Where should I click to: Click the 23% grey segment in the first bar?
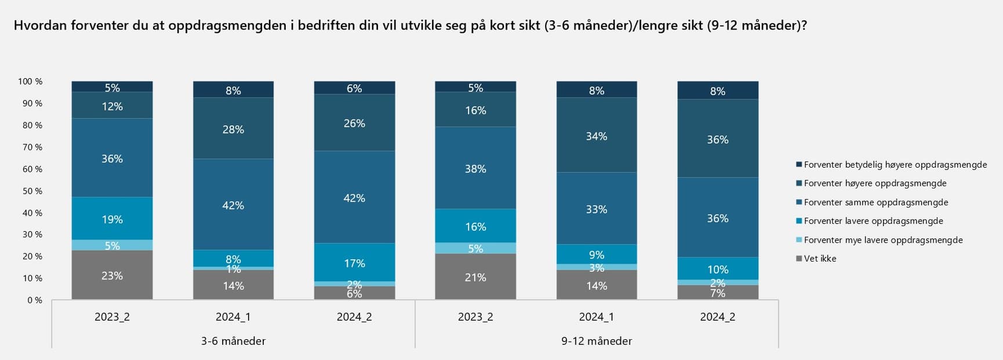pos(112,275)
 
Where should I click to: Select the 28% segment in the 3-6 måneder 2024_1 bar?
pos(233,129)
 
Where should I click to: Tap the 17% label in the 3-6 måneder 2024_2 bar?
pos(354,263)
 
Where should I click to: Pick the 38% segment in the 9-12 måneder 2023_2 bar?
pos(475,168)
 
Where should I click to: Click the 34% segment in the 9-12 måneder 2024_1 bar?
pos(597,136)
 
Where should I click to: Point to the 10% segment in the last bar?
pos(718,269)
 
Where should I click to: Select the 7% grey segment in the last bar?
pos(718,293)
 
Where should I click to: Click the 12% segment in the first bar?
pos(112,106)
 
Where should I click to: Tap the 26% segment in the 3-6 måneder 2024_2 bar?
pos(354,123)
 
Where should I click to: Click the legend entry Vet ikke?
pos(820,259)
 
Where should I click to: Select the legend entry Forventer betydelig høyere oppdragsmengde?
pos(895,165)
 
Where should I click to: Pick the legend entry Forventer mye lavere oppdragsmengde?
pos(882,240)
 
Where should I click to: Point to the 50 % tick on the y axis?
pos(32,191)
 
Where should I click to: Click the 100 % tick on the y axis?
pos(30,81)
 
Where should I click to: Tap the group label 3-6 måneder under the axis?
pos(233,341)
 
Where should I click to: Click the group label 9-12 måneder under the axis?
pos(597,341)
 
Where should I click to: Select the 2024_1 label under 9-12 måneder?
pos(597,317)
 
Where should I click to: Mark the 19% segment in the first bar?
pos(112,219)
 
